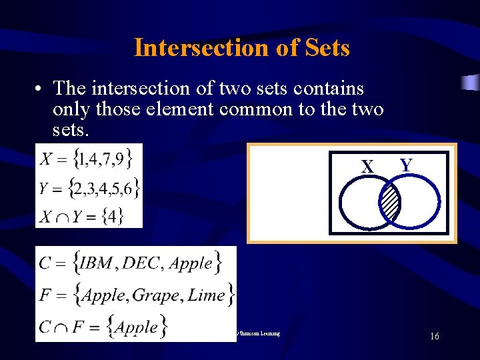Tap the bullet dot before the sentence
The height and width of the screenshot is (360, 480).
[x=41, y=89]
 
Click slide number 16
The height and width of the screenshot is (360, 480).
[x=434, y=337]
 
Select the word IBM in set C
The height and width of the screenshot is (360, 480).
[x=97, y=263]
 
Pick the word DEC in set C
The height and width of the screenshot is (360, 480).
[x=143, y=263]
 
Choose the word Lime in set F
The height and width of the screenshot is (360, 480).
[x=206, y=295]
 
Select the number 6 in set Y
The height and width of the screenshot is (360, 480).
[x=129, y=188]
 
